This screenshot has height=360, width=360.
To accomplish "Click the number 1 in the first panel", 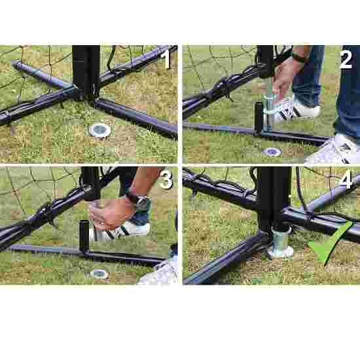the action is pos(166,59).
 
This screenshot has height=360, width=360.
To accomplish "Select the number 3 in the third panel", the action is pos(166,181).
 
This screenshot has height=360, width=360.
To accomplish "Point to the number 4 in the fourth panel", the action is pos(346,181).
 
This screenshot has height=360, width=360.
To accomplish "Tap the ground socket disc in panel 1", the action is pos(100,130).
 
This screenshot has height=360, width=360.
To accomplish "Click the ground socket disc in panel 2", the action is pos(272,152).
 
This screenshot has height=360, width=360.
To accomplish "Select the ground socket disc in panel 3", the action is pos(99,274).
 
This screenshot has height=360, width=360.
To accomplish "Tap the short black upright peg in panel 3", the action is pos(84,236).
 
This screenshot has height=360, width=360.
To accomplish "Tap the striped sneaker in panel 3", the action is pos(122,232).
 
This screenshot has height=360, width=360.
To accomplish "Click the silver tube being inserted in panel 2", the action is pos(268,110).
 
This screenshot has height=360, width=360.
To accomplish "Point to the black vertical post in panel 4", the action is pos(274,199).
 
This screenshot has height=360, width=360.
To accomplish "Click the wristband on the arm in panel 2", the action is pos(298,57).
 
